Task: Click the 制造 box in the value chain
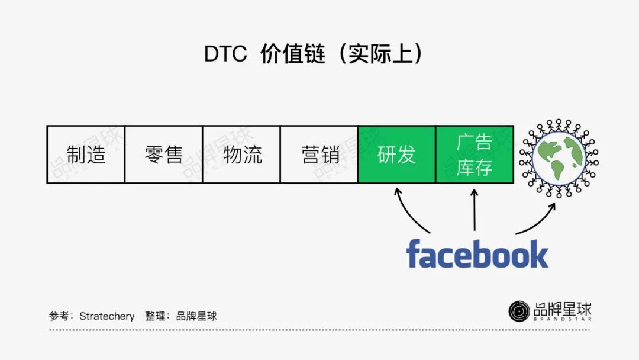tap(86, 155)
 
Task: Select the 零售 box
tap(163, 155)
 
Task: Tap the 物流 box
tap(241, 155)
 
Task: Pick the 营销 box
tap(319, 155)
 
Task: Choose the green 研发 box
tap(396, 155)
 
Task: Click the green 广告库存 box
tap(475, 155)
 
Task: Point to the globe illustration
tap(559, 156)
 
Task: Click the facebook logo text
tap(477, 254)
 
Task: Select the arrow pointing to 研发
tap(408, 210)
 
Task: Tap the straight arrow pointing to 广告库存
tap(475, 210)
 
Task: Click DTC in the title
tap(225, 54)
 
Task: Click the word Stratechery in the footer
tap(106, 316)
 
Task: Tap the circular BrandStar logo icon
tap(519, 311)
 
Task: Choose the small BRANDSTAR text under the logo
tap(562, 319)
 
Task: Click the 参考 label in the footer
tap(59, 316)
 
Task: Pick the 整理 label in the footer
tap(155, 316)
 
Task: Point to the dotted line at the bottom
tap(319, 330)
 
